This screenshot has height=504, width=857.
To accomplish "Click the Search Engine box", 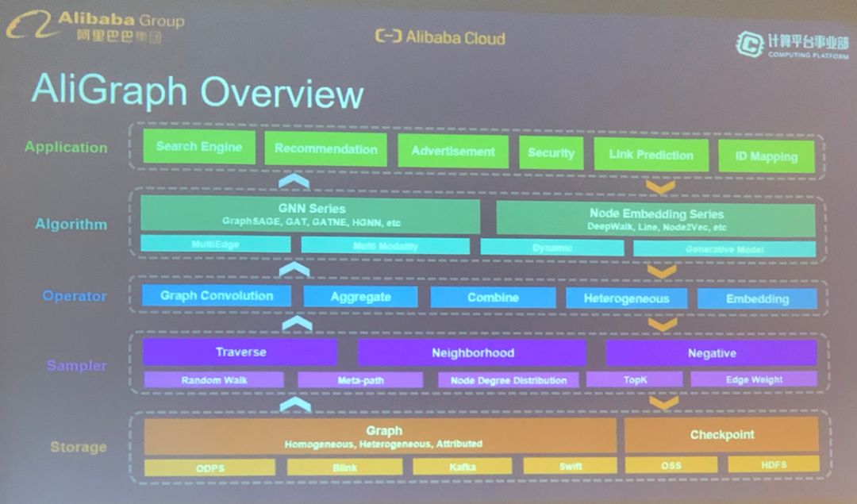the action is [199, 147].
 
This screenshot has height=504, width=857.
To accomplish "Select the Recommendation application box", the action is [325, 149].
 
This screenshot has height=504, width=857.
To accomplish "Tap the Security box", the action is [551, 153].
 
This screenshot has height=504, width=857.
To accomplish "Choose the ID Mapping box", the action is [766, 156].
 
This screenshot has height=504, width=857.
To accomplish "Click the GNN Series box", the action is [310, 215].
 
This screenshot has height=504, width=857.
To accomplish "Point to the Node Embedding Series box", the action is [655, 219].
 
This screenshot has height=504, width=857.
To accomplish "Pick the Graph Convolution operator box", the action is [216, 296].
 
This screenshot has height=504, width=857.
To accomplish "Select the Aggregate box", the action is [360, 297].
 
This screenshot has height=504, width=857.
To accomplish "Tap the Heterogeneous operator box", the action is [625, 298].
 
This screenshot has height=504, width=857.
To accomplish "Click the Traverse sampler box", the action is [240, 352].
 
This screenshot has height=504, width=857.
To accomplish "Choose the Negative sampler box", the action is [711, 353].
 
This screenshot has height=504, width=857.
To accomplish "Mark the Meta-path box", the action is [360, 380].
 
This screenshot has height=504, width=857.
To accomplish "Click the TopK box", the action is [635, 380].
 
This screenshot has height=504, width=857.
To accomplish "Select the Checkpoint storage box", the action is [721, 435].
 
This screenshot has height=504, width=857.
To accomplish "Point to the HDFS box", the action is [773, 464].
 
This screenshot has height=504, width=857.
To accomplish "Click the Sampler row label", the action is [76, 366].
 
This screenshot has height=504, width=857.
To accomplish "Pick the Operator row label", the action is [75, 296].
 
